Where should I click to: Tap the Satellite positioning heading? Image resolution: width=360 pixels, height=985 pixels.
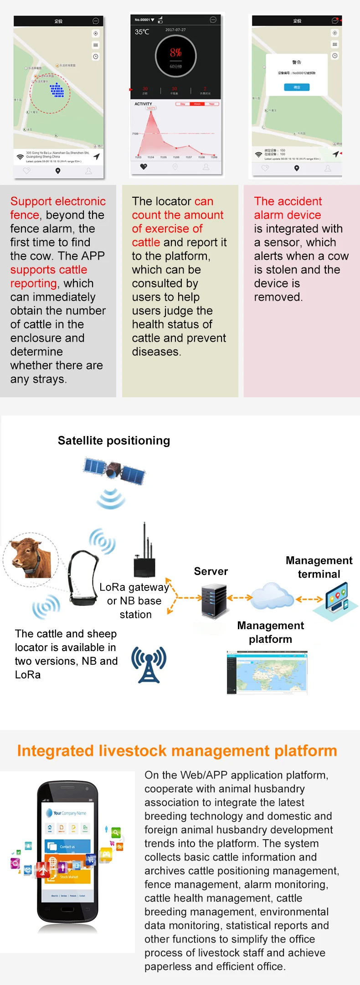click(x=114, y=441)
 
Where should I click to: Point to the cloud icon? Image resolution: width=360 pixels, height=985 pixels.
click(x=273, y=595)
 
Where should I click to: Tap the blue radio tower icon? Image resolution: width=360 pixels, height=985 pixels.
click(x=149, y=664)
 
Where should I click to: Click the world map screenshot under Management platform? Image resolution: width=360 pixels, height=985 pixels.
click(x=267, y=672)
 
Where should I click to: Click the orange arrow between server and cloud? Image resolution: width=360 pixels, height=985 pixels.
click(x=239, y=597)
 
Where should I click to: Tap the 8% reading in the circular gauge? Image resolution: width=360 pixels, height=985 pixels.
click(x=176, y=53)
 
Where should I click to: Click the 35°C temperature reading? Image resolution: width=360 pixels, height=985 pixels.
click(x=142, y=32)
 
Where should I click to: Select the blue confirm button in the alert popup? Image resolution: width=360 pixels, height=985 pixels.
click(x=297, y=87)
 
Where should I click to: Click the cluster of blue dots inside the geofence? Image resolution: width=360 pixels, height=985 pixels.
click(x=57, y=90)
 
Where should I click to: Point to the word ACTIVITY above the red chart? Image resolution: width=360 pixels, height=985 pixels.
click(x=143, y=104)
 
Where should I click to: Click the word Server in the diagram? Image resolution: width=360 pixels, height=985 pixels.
click(x=211, y=571)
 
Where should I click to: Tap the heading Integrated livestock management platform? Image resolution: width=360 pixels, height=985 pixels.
click(x=177, y=751)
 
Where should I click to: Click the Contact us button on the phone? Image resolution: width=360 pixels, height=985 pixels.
click(x=67, y=846)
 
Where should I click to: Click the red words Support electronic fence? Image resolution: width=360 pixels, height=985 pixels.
click(x=58, y=207)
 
